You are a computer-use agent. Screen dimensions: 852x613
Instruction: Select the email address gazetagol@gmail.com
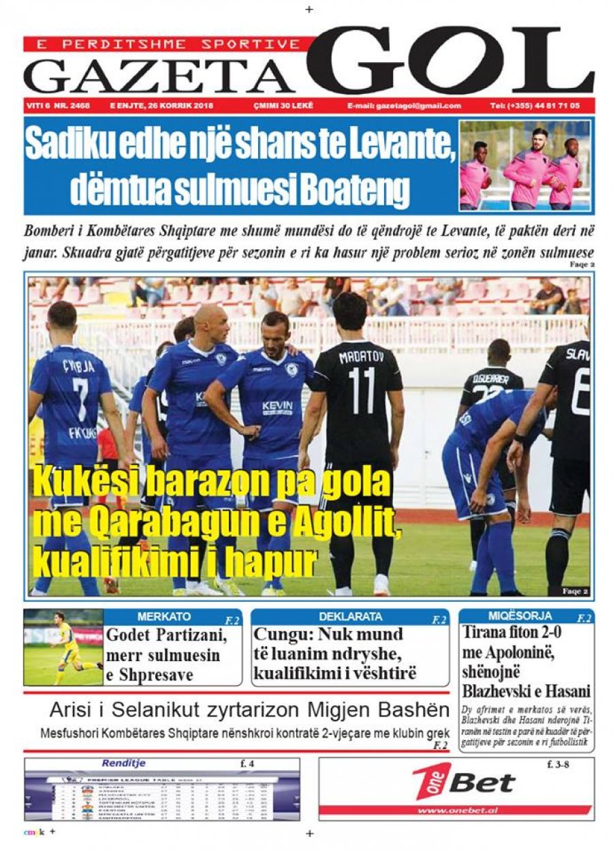[x=403, y=106]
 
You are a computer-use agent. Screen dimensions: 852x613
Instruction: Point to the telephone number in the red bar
[x=535, y=106]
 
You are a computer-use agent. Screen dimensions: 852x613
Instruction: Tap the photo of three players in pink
[x=525, y=166]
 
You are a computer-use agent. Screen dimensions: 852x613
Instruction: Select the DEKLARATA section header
[x=351, y=617]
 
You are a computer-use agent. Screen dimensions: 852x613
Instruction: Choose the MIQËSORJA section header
[x=520, y=616]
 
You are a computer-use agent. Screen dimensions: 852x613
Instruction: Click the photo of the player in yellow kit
[x=63, y=648]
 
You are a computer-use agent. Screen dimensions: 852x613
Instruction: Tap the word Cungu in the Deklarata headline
[x=279, y=635]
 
